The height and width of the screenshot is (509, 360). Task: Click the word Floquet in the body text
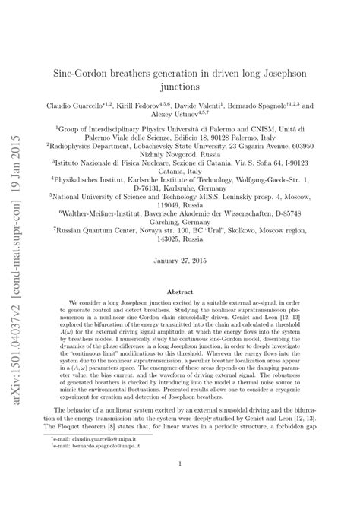(77, 444)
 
